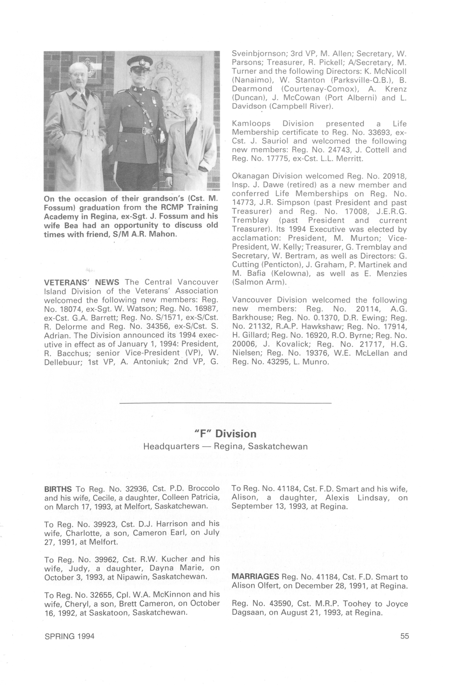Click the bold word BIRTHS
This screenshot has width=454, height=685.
pyautogui.click(x=58, y=489)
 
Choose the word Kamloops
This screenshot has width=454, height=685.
pyautogui.click(x=251, y=124)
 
